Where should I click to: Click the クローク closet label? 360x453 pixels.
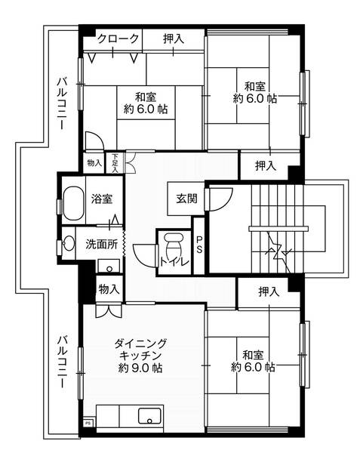pyautogui.click(x=117, y=39)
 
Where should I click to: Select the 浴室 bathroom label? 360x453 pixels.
pyautogui.click(x=102, y=200)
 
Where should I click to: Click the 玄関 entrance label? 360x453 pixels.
pyautogui.click(x=186, y=199)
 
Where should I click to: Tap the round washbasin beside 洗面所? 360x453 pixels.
pyautogui.click(x=69, y=243)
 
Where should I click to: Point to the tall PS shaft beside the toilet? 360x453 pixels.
pyautogui.click(x=199, y=245)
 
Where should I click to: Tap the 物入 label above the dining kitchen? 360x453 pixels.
pyautogui.click(x=109, y=288)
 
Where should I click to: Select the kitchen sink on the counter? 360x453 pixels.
pyautogui.click(x=148, y=416)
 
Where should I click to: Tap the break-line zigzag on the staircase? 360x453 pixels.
pyautogui.click(x=273, y=247)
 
